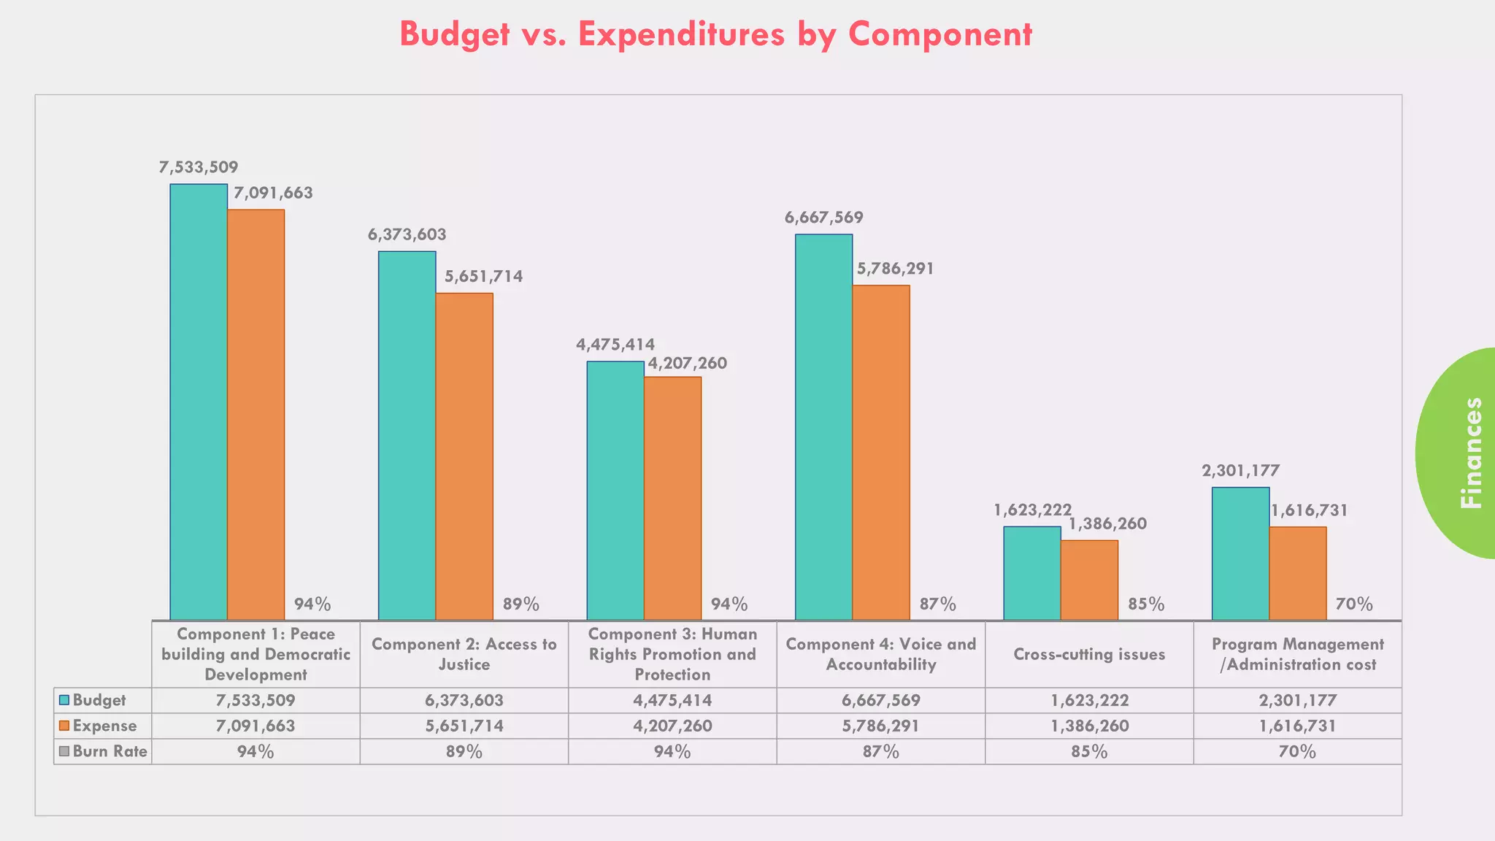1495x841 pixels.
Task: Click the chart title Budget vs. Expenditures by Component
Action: pyautogui.click(x=715, y=34)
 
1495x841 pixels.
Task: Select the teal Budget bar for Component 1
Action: pyautogui.click(x=199, y=402)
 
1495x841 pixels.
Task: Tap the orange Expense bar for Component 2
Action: pyautogui.click(x=464, y=456)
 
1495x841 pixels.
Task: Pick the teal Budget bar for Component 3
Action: pyautogui.click(x=615, y=491)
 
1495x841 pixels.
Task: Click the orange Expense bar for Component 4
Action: pyautogui.click(x=881, y=453)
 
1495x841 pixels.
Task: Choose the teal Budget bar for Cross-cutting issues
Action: pyautogui.click(x=1032, y=573)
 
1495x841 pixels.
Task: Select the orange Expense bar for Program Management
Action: pyautogui.click(x=1298, y=573)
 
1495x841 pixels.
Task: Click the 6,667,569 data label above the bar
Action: pyautogui.click(x=824, y=218)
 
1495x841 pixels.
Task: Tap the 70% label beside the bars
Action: pyautogui.click(x=1354, y=604)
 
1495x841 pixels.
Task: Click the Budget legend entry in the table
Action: pyautogui.click(x=99, y=700)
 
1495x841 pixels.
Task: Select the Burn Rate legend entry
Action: pyautogui.click(x=109, y=751)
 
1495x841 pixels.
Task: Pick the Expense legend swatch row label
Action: pyautogui.click(x=104, y=726)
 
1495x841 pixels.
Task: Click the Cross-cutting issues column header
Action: pyautogui.click(x=1089, y=654)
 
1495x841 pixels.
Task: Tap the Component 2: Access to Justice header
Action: pyautogui.click(x=464, y=654)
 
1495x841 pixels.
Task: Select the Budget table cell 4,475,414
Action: pyautogui.click(x=672, y=700)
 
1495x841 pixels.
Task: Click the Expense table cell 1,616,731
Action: pyautogui.click(x=1298, y=726)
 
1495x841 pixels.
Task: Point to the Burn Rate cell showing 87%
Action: pyautogui.click(x=881, y=751)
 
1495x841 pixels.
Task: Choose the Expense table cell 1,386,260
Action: pyautogui.click(x=1089, y=726)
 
